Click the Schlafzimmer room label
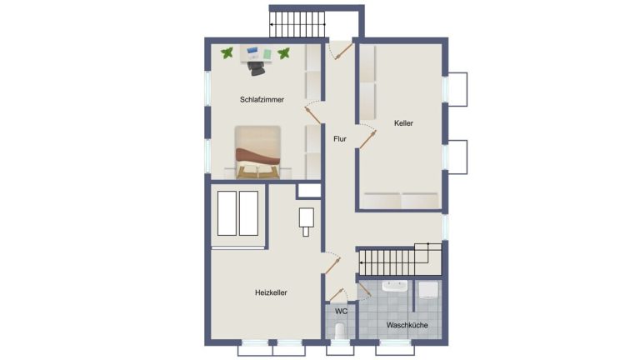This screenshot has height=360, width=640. pyautogui.click(x=262, y=100)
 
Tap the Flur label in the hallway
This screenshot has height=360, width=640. pyautogui.click(x=340, y=139)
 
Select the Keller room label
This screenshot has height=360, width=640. pyautogui.click(x=403, y=122)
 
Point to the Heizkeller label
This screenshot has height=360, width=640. pyautogui.click(x=271, y=292)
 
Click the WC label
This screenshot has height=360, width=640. pyautogui.click(x=341, y=312)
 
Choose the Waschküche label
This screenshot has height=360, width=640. pyautogui.click(x=407, y=325)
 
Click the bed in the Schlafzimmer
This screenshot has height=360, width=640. pyautogui.click(x=257, y=152)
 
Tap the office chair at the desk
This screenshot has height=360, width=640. pyautogui.click(x=256, y=68)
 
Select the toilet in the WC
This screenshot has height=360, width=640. pyautogui.click(x=340, y=331)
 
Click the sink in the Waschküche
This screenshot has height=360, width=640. pyautogui.click(x=394, y=286)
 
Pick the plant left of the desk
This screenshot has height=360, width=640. pyautogui.click(x=227, y=52)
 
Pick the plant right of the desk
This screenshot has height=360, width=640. pyautogui.click(x=283, y=53)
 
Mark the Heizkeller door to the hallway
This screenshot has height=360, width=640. pyautogui.click(x=332, y=266)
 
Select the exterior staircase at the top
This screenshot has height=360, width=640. pyautogui.click(x=297, y=24)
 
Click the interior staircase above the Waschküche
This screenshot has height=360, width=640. pyautogui.click(x=400, y=260)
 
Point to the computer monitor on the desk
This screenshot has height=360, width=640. pyautogui.click(x=252, y=51)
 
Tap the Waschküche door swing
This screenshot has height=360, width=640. pyautogui.click(x=364, y=291)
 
